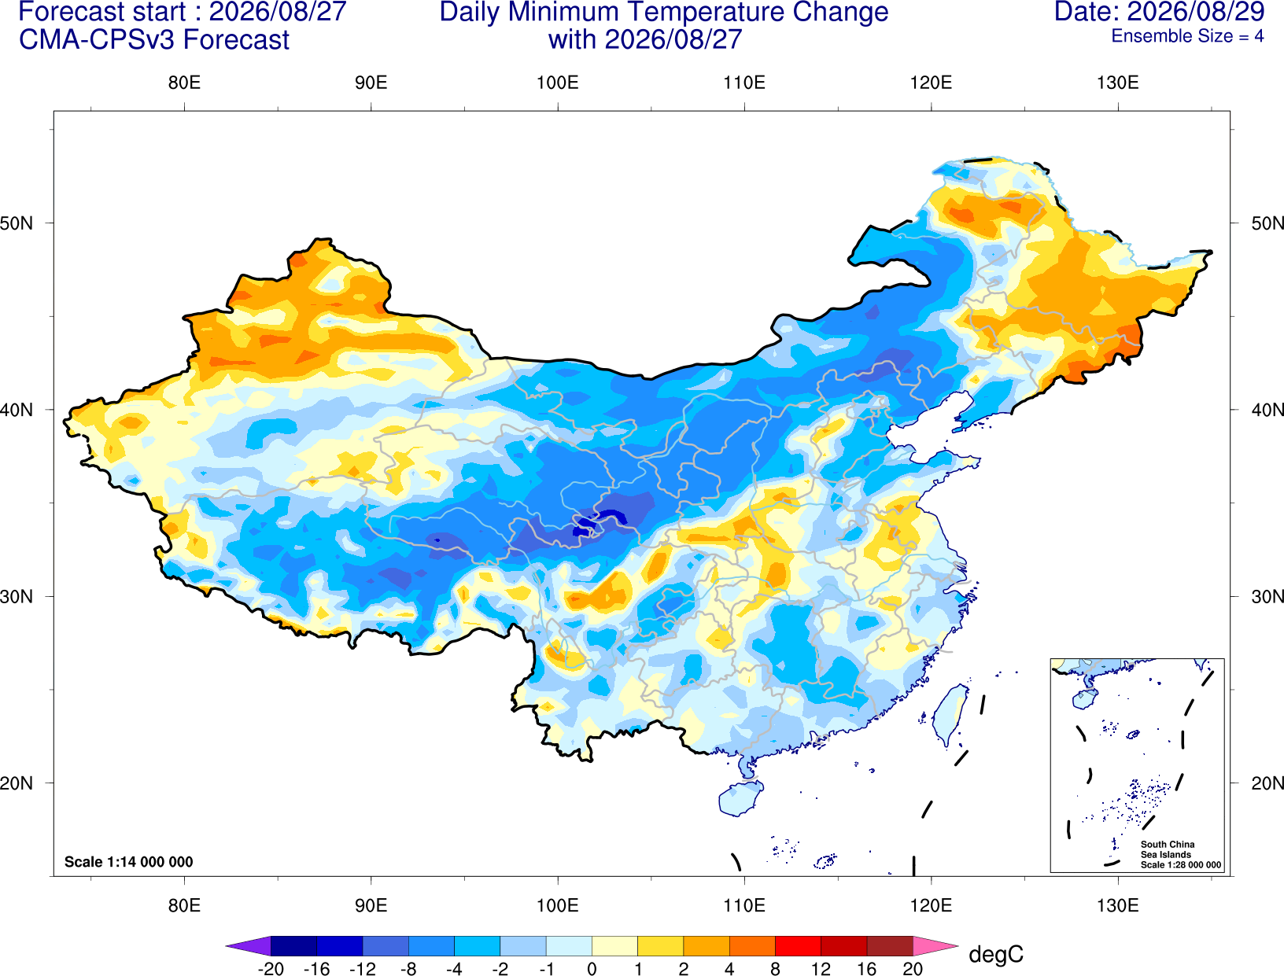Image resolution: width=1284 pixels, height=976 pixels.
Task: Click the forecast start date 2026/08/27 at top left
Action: click(x=277, y=12)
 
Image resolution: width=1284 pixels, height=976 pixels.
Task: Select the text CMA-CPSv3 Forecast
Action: click(x=154, y=40)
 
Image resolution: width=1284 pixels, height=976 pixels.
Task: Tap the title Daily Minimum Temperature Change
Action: click(x=664, y=13)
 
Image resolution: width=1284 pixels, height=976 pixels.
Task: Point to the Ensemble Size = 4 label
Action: click(x=1187, y=36)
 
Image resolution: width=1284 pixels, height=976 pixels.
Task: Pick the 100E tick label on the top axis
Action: click(x=558, y=83)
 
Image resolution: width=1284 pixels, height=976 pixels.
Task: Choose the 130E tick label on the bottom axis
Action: click(x=1118, y=906)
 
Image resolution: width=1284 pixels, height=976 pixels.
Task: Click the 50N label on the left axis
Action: click(x=17, y=223)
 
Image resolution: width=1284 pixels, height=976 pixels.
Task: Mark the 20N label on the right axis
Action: click(x=1267, y=783)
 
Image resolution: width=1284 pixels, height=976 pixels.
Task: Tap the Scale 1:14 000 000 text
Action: click(x=129, y=862)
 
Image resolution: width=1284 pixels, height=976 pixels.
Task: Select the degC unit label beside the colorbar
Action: click(x=995, y=954)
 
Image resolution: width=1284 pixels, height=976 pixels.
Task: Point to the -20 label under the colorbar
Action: click(x=271, y=969)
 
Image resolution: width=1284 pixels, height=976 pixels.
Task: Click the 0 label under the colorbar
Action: click(x=592, y=969)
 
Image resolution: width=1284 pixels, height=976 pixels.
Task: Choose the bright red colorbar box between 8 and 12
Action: click(x=798, y=945)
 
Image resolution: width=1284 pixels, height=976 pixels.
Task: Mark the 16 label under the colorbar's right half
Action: click(x=866, y=969)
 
